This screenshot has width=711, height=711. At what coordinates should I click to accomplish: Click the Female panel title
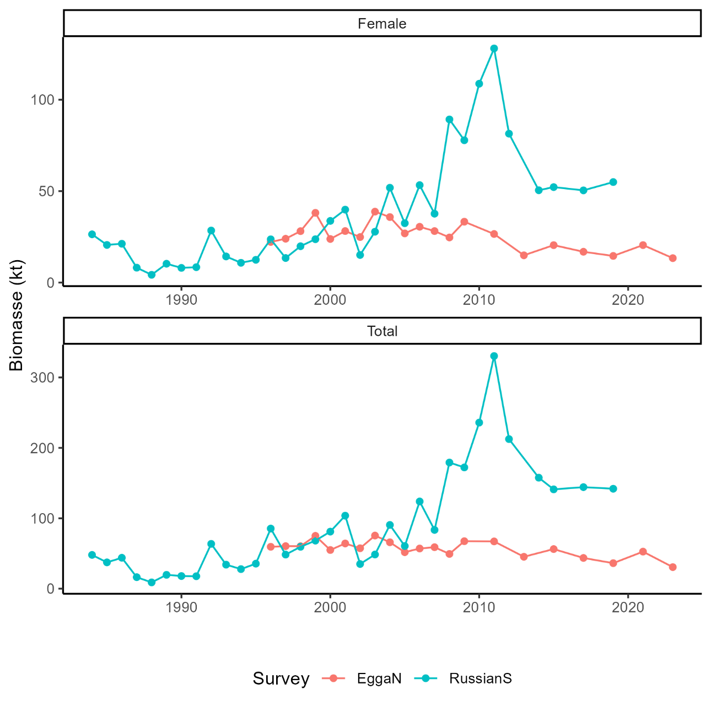pyautogui.click(x=381, y=24)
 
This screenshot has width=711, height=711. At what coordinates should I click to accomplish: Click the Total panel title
pyautogui.click(x=381, y=331)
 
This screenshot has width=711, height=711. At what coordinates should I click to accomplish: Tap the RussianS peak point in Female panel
pyautogui.click(x=494, y=49)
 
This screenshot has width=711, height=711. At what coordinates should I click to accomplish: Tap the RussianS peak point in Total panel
pyautogui.click(x=494, y=356)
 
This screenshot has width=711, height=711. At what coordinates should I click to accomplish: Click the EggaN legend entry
pyautogui.click(x=379, y=678)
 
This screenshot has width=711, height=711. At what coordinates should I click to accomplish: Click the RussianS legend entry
pyautogui.click(x=480, y=678)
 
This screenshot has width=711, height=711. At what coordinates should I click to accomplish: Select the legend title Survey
pyautogui.click(x=281, y=678)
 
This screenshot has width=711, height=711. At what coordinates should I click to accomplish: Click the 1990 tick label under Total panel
pyautogui.click(x=181, y=607)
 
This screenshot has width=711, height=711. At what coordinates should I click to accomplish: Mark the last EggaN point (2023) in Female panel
pyautogui.click(x=672, y=258)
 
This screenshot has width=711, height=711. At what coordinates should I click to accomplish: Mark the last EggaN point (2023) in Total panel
pyautogui.click(x=672, y=567)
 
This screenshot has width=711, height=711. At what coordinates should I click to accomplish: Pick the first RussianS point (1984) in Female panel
pyautogui.click(x=92, y=234)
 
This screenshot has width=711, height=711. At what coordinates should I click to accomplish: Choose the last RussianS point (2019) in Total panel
pyautogui.click(x=613, y=489)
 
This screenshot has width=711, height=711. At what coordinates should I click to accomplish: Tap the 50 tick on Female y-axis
pyautogui.click(x=46, y=191)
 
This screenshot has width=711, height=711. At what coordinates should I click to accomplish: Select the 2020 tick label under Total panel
pyautogui.click(x=628, y=607)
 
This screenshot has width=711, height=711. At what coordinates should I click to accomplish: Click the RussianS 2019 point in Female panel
pyautogui.click(x=613, y=182)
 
